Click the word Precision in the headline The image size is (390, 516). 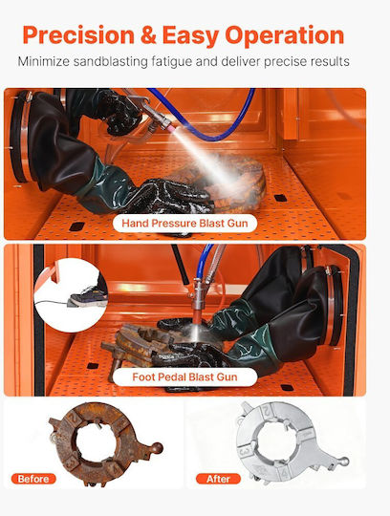click(x=78, y=35)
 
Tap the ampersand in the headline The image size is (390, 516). click(x=148, y=35)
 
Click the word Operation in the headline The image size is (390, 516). click(x=284, y=36)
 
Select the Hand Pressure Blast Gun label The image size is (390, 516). click(x=184, y=223)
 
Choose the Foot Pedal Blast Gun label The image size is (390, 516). click(x=184, y=376)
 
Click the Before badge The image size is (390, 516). click(x=33, y=479)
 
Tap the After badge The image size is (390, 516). click(x=218, y=479)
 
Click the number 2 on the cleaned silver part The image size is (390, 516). click(x=268, y=411)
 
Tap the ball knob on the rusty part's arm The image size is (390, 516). click(x=157, y=448)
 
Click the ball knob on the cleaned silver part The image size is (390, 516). click(x=344, y=462)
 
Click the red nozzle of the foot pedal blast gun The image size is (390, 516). click(x=197, y=316)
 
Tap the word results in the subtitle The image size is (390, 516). click(x=328, y=61)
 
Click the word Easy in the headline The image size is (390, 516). click(x=191, y=36)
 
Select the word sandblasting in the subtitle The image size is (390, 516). click(x=110, y=62)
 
